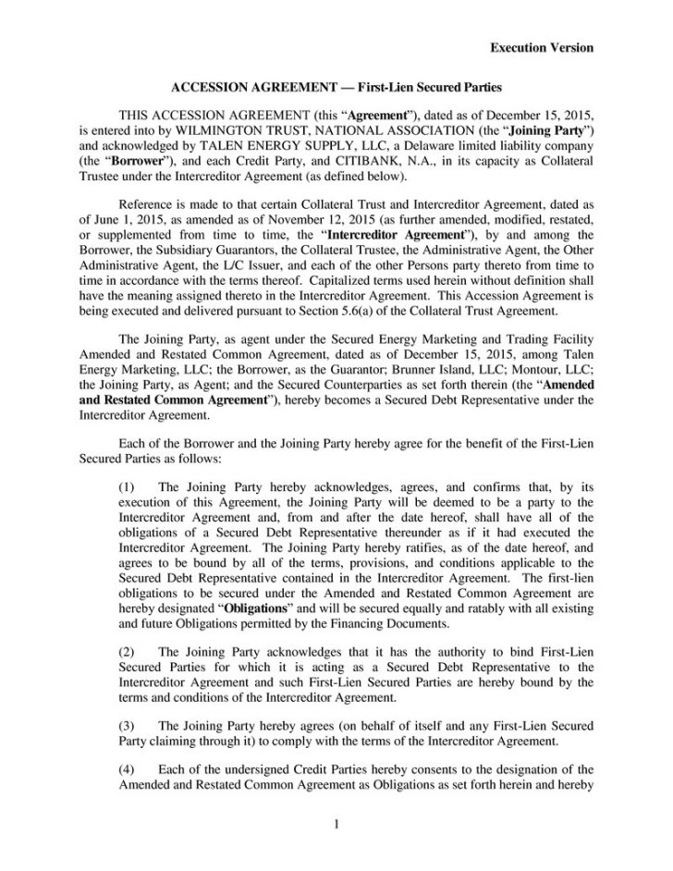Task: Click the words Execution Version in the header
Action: pos(541,47)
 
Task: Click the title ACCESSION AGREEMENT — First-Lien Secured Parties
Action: pos(336,88)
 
